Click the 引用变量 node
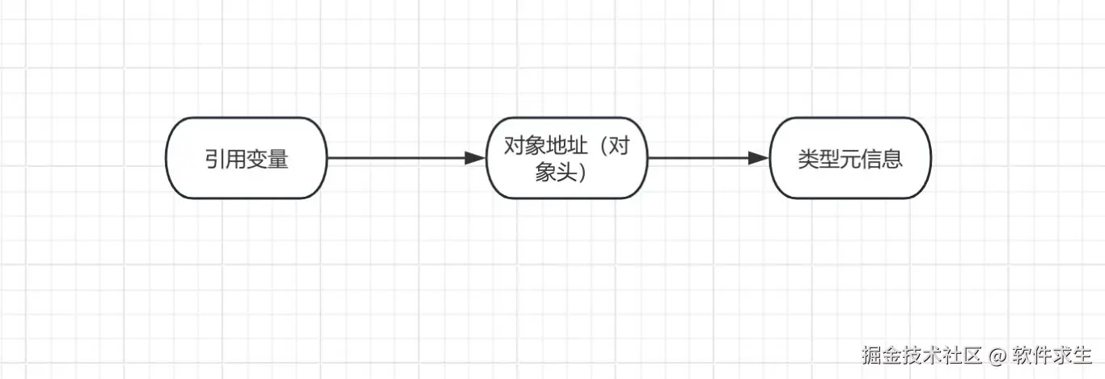(246, 158)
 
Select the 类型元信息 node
(849, 158)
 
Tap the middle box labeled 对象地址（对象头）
(566, 158)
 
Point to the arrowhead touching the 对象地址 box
(475, 158)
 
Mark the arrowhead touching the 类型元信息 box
(758, 158)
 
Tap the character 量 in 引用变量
(278, 160)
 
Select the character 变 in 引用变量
(257, 160)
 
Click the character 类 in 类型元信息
(807, 159)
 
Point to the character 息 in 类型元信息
(892, 159)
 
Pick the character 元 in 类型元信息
(850, 159)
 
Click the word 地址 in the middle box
(567, 147)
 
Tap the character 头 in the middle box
(566, 172)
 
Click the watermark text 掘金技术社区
(921, 355)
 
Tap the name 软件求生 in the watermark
(1053, 355)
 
